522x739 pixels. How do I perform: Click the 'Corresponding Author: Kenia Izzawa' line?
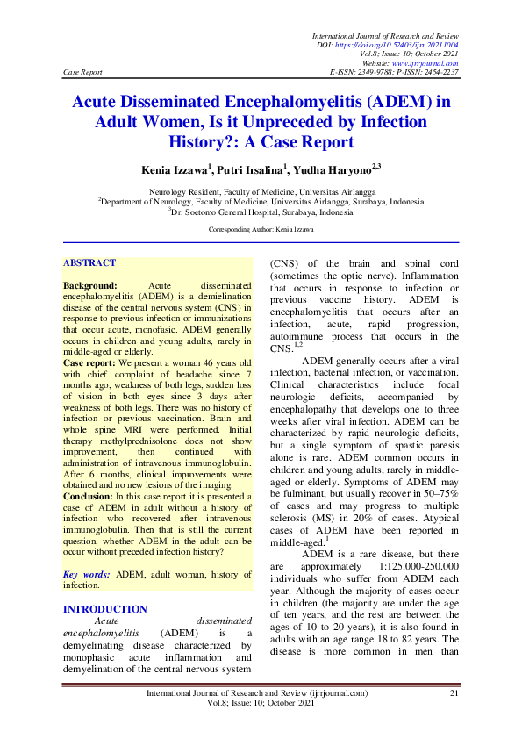261,229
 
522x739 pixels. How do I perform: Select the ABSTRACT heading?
90,262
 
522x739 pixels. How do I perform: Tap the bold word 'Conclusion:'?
91,496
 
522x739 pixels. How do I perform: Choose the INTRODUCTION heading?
105,609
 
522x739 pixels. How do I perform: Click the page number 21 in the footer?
454,693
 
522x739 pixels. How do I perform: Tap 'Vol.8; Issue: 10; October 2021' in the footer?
256,705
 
